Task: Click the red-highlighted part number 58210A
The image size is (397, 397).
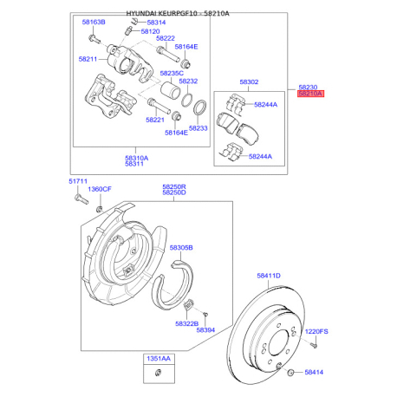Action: pyautogui.click(x=310, y=94)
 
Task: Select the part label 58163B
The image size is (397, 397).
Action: pyautogui.click(x=94, y=22)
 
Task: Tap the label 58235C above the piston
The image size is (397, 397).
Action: pyautogui.click(x=172, y=74)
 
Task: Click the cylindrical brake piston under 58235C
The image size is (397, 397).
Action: pyautogui.click(x=171, y=90)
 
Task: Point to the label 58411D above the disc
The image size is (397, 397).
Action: pyautogui.click(x=269, y=276)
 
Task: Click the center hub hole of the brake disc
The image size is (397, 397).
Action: pyautogui.click(x=278, y=344)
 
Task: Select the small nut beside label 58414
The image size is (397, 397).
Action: pyautogui.click(x=290, y=373)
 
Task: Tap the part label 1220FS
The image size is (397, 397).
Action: pyautogui.click(x=316, y=331)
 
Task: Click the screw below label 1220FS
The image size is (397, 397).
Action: pyautogui.click(x=315, y=345)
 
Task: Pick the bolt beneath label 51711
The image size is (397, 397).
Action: pyautogui.click(x=81, y=199)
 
